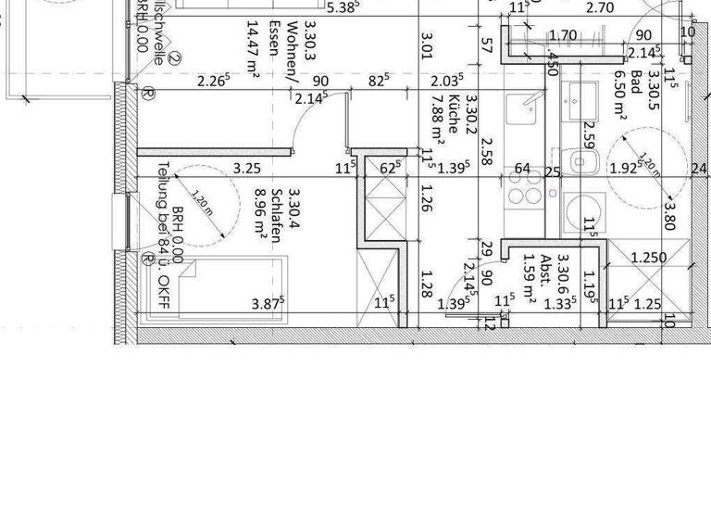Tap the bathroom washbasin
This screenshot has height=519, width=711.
[x=581, y=98]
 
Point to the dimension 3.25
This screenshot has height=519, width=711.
[x=246, y=169]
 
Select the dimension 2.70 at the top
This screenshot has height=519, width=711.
[x=601, y=8]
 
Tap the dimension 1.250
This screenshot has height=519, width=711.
[x=648, y=258]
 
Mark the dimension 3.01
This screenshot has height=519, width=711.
[x=427, y=46]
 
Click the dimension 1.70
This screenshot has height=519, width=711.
[x=563, y=37]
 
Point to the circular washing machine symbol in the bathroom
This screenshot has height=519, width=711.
[x=580, y=212]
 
